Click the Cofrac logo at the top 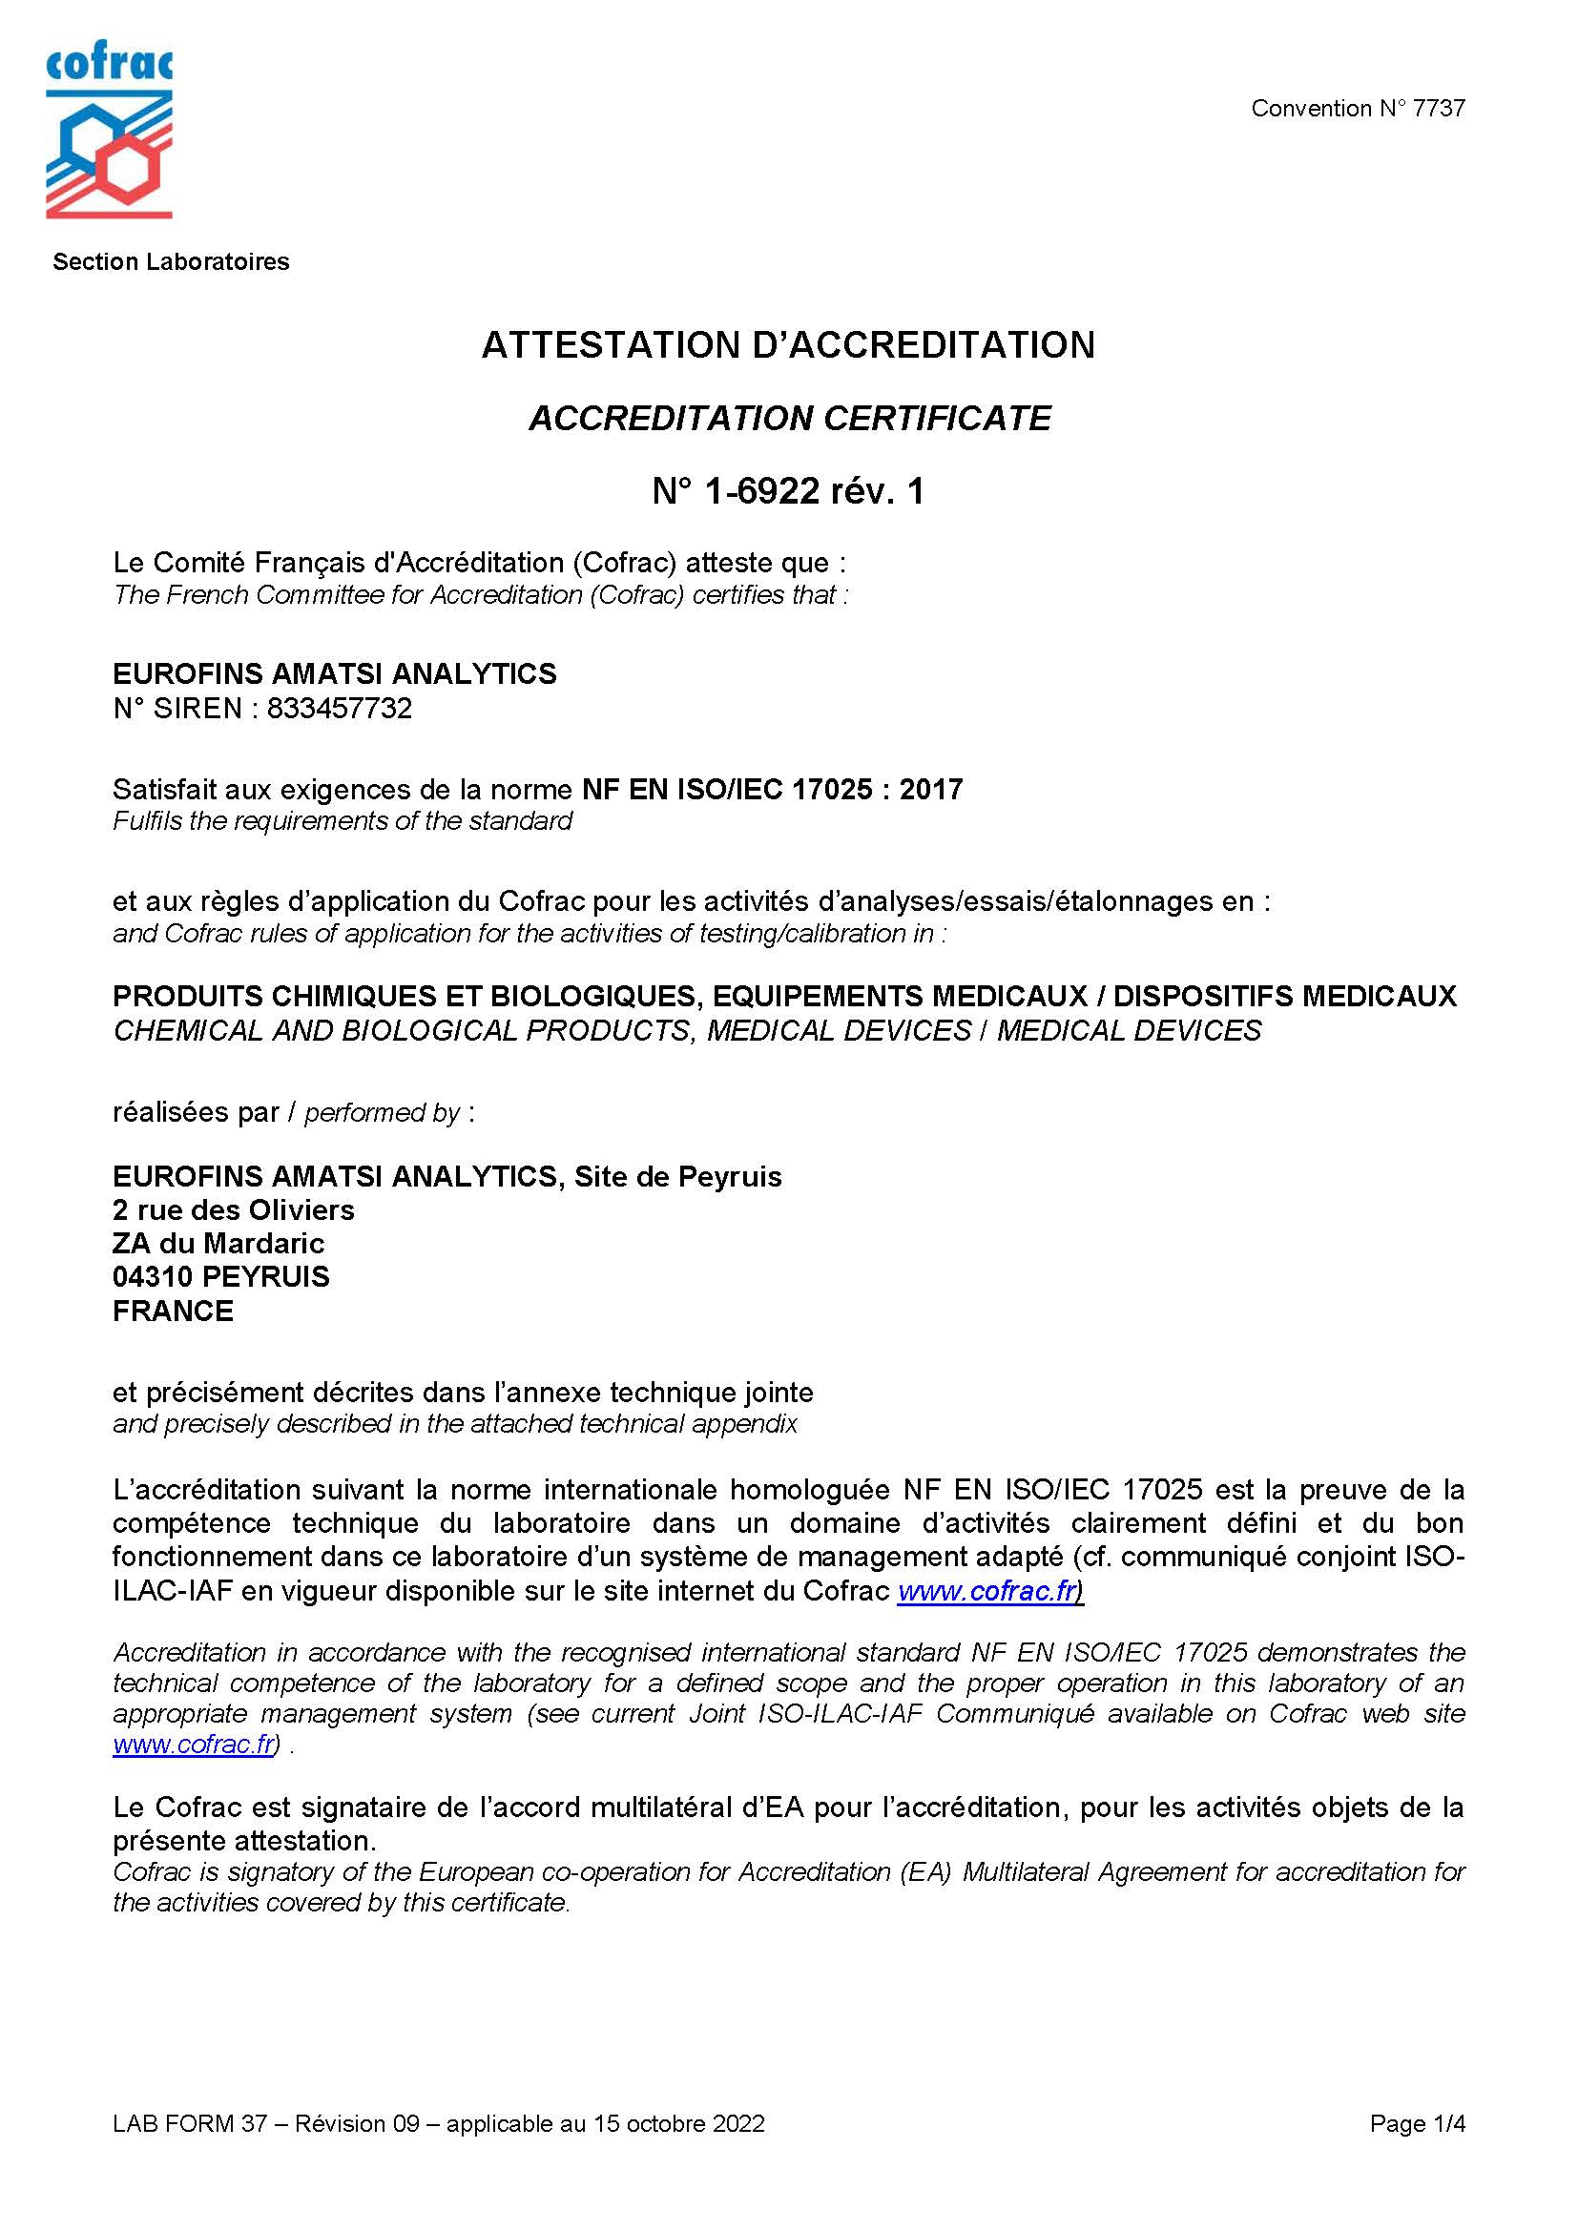point(109,134)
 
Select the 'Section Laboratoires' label point(171,261)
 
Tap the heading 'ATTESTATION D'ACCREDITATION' point(788,345)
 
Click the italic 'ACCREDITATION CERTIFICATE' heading point(789,418)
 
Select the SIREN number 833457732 point(339,709)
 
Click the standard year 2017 point(931,789)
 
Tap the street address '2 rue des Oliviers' point(233,1209)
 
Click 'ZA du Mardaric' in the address point(218,1244)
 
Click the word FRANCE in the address point(173,1311)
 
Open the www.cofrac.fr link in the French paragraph point(988,1591)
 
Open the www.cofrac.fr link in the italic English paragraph point(194,1745)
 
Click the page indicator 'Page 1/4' point(1417,2124)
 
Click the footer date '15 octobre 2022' point(677,2124)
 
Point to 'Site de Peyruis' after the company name point(677,1177)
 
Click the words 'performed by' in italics point(382,1112)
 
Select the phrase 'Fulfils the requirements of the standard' point(343,821)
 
